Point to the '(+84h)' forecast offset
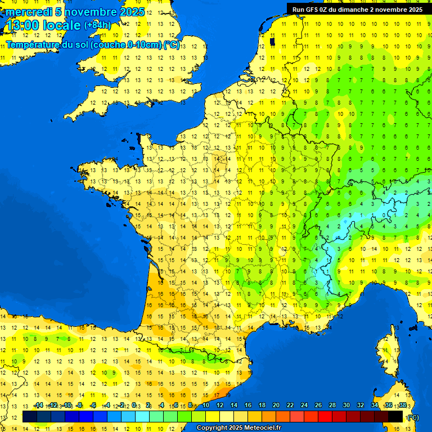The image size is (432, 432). pos(97,25)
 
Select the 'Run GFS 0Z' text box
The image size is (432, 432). pos(358,9)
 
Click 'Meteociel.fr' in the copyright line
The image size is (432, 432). pos(259,428)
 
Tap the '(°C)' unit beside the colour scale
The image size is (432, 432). pos(413,417)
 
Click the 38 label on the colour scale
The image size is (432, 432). pos(403,406)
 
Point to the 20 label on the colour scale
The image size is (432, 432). pos(276,406)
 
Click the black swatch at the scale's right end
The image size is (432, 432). pos(395,417)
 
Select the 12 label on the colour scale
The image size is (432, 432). pos(220,406)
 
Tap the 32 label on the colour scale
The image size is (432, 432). pos(360,406)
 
